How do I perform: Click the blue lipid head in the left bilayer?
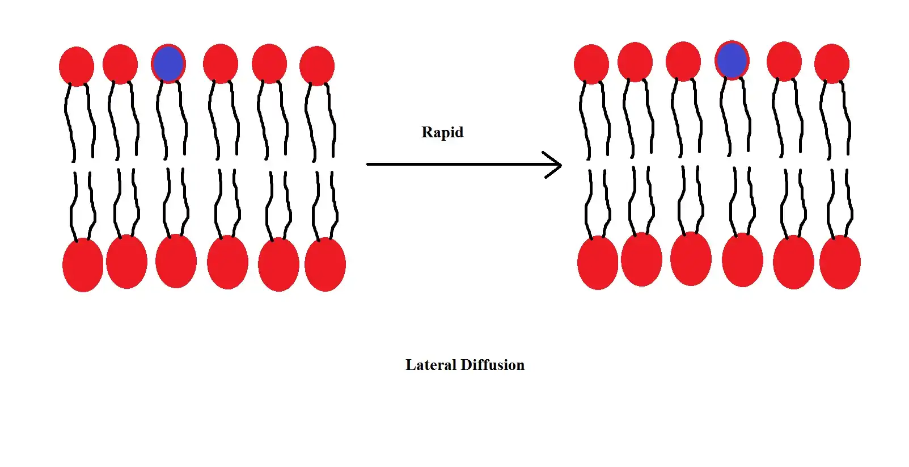[x=168, y=64]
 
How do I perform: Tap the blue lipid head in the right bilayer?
[x=732, y=60]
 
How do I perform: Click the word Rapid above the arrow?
[x=442, y=132]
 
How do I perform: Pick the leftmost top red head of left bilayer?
[x=77, y=66]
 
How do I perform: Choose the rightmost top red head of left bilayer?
[x=317, y=66]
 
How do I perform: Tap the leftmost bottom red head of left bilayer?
[x=83, y=265]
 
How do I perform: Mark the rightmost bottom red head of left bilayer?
[x=325, y=264]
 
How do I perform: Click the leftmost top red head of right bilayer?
[x=591, y=64]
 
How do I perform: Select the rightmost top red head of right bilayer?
[x=832, y=64]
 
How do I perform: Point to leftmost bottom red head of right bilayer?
[x=598, y=263]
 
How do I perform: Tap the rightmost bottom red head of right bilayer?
[x=840, y=262]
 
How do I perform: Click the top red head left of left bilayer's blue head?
[x=120, y=64]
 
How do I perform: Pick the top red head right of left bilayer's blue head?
[x=221, y=64]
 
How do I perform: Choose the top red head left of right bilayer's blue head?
[x=683, y=61]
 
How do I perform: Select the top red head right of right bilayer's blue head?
[x=784, y=61]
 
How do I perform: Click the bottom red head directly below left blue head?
[x=176, y=261]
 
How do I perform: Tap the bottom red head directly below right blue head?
[x=742, y=260]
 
